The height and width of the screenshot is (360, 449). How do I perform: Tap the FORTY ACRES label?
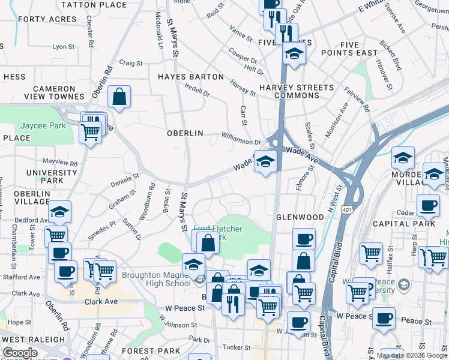click(47, 19)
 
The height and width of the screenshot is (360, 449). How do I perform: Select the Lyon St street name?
click(63, 46)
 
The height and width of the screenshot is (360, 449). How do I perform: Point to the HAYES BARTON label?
click(191, 77)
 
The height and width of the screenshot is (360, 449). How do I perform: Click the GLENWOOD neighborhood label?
click(300, 217)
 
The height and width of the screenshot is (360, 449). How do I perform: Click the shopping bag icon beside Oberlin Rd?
click(119, 96)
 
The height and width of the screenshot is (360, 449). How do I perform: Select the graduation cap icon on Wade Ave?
click(265, 160)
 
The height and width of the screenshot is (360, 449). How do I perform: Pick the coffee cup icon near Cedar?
click(428, 205)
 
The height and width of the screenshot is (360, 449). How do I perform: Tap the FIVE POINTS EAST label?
click(358, 49)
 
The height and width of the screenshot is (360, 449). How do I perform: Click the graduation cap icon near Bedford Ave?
click(59, 211)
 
